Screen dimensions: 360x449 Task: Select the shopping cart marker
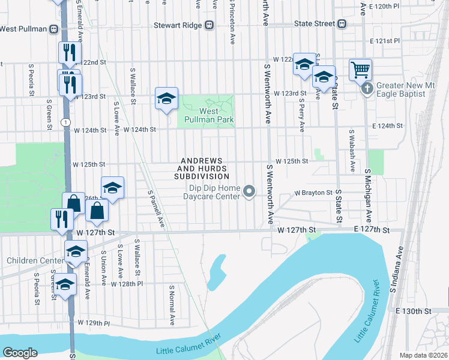(360, 70)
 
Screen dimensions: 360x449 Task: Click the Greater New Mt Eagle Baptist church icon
(368, 89)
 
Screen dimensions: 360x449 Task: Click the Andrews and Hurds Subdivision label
(202, 169)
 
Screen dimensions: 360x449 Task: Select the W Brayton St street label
(313, 193)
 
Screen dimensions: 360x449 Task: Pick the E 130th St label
(414, 311)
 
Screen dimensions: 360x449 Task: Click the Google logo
(20, 353)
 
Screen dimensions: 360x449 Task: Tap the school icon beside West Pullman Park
(166, 99)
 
